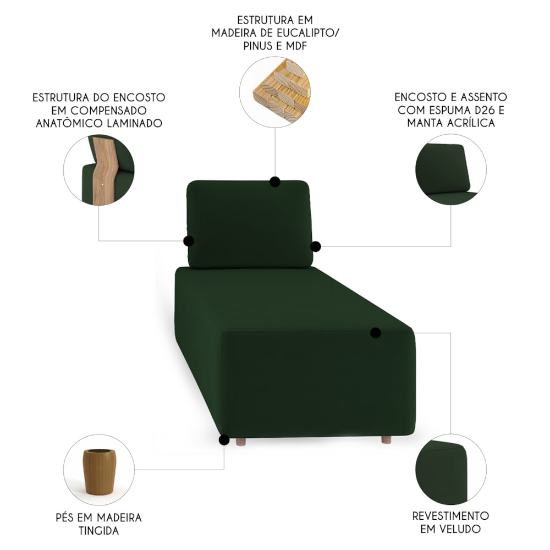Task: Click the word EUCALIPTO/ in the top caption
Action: pyautogui.click(x=307, y=33)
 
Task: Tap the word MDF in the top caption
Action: pyautogui.click(x=296, y=46)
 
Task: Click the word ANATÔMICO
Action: pyautogui.click(x=67, y=123)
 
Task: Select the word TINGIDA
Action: pyautogui.click(x=98, y=531)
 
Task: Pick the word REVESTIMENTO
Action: pyautogui.click(x=450, y=516)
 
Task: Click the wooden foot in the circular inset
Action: pyautogui.click(x=98, y=472)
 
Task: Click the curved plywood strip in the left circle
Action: pyautogui.click(x=103, y=170)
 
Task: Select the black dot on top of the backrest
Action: pyautogui.click(x=275, y=182)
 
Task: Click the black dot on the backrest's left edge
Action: pyautogui.click(x=189, y=241)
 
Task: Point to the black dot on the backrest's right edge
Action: pyautogui.click(x=316, y=246)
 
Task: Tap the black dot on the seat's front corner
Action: pyautogui.click(x=376, y=333)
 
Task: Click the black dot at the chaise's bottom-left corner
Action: pyautogui.click(x=224, y=440)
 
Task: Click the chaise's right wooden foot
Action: pyautogui.click(x=386, y=440)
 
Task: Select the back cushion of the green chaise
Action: pyautogui.click(x=250, y=224)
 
